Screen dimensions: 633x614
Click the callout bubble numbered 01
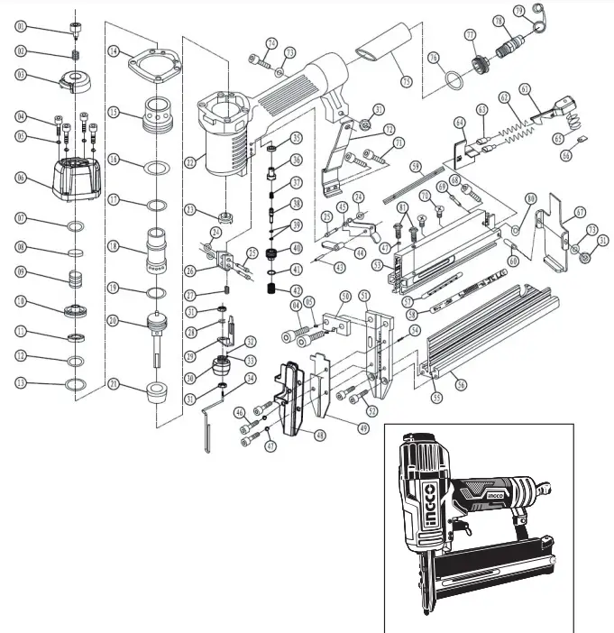(x=21, y=27)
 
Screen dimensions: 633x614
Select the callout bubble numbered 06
(x=21, y=178)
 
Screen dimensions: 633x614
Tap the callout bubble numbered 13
(x=21, y=383)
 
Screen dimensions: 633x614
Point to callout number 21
(x=115, y=384)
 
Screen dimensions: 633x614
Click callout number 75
(x=406, y=82)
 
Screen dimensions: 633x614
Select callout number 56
(x=462, y=384)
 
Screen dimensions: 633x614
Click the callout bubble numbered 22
(x=189, y=162)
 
